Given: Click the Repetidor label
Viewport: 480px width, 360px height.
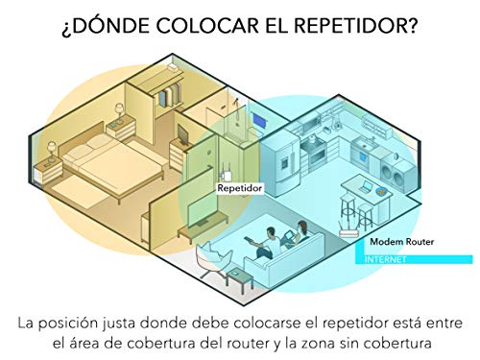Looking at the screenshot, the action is (x=239, y=188).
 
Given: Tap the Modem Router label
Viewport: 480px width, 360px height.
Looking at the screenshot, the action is (x=402, y=241).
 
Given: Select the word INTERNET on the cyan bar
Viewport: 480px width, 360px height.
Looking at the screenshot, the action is (x=385, y=259).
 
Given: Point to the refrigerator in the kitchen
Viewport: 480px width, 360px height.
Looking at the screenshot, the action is (x=280, y=162).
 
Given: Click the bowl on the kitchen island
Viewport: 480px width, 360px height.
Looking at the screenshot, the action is (x=381, y=191).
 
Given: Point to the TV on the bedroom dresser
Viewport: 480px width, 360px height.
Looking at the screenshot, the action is (x=182, y=135).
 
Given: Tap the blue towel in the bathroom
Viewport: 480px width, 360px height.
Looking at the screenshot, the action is (x=258, y=120).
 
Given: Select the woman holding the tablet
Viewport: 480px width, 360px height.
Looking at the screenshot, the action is (x=297, y=235).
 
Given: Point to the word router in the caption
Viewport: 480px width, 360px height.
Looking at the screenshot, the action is (x=246, y=344).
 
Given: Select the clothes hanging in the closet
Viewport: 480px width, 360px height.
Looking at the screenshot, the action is (x=170, y=94).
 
